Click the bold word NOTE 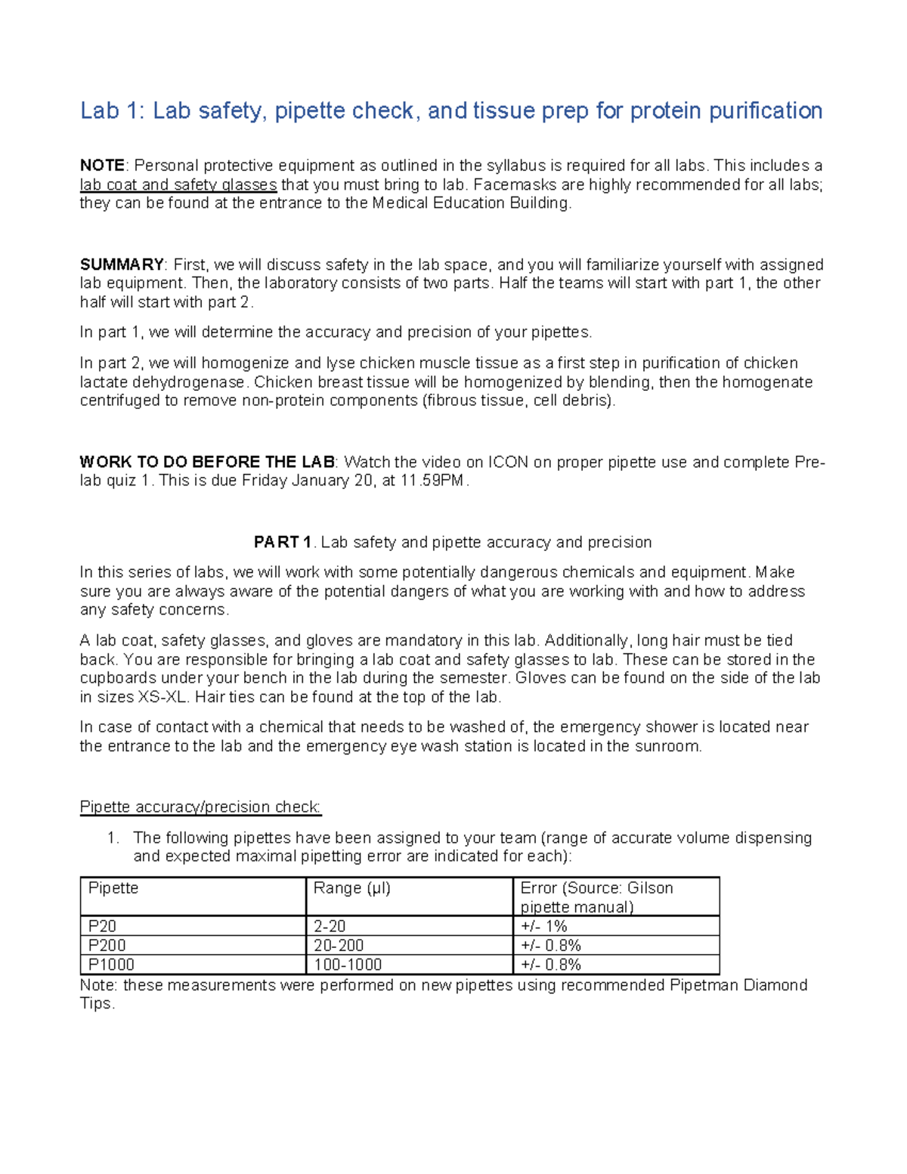pos(102,166)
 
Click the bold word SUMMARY pos(122,265)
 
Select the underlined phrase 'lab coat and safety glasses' pos(178,184)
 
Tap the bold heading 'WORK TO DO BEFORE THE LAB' pos(207,462)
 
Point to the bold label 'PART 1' pos(283,542)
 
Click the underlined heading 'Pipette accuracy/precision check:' pos(200,807)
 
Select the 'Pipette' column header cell pos(113,888)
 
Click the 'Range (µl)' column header pos(351,888)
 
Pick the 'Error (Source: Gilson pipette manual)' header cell pos(596,897)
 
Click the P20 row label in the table pos(102,926)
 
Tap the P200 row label pos(107,946)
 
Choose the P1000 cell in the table pos(111,965)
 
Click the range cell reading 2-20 pos(330,926)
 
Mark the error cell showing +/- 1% pos(543,926)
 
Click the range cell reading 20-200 pos(338,946)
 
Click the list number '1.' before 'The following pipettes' pos(113,838)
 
